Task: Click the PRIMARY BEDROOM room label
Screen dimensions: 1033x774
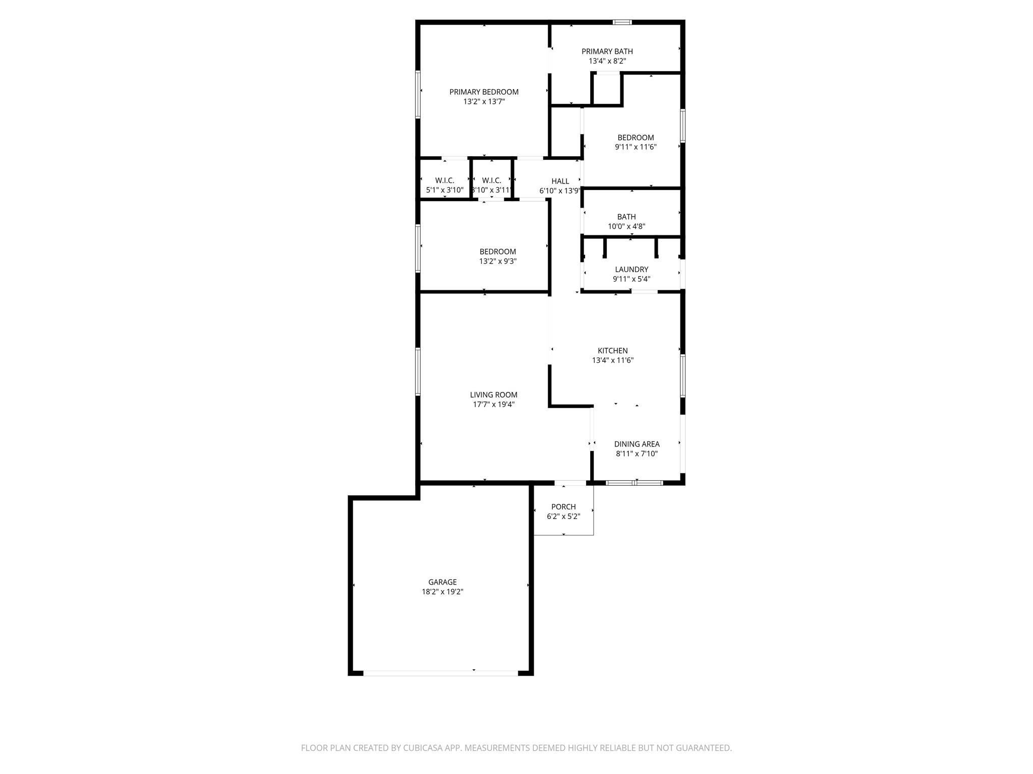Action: (484, 92)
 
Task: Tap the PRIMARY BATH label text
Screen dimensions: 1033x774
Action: (607, 51)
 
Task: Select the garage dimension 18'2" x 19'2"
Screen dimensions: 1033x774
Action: (442, 592)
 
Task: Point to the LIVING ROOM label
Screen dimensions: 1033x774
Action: (493, 395)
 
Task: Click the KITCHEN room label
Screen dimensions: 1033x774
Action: (612, 351)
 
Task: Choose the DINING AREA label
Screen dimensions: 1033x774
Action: (637, 444)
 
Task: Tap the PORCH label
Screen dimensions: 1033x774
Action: (563, 507)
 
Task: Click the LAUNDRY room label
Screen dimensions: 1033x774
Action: (632, 270)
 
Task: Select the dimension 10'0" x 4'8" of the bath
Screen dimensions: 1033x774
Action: (626, 227)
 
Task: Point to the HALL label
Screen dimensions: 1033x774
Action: (560, 181)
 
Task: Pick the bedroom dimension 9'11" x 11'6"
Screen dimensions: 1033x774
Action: (636, 147)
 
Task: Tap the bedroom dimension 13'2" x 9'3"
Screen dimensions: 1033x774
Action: (498, 262)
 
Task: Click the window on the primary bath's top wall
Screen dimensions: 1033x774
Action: (622, 22)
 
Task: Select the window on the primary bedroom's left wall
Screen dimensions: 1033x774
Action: (418, 94)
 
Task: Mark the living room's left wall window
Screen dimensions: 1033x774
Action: (418, 371)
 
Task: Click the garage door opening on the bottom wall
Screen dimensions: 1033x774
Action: (440, 673)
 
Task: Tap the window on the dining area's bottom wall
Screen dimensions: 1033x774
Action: (634, 483)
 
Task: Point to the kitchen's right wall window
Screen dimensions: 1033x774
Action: (682, 376)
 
